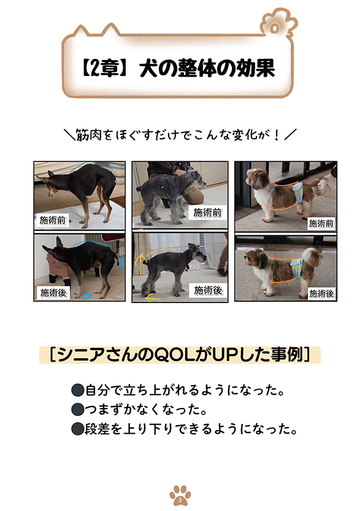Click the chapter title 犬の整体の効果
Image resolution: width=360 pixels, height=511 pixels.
point(207,69)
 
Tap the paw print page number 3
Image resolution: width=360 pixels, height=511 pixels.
point(180,496)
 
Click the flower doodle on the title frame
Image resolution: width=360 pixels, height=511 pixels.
point(278,25)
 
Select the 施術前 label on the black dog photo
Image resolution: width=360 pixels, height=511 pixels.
point(53,221)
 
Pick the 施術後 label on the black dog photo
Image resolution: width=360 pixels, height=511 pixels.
point(53,293)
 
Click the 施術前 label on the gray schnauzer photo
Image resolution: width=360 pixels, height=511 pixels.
point(207,213)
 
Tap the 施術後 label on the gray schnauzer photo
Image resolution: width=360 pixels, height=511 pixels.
point(208,290)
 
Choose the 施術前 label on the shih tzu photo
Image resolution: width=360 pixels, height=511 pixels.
point(321,223)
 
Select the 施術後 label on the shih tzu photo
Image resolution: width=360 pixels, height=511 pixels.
point(321,294)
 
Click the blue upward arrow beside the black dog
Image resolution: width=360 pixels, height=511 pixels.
point(122,262)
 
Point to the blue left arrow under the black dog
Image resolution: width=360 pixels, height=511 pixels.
point(86,296)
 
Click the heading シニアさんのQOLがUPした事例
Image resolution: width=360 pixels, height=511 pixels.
point(180,355)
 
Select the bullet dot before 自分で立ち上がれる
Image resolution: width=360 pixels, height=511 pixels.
point(77,390)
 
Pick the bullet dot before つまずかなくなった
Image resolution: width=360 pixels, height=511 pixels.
point(77,409)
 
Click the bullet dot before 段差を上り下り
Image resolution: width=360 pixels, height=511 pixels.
point(77,429)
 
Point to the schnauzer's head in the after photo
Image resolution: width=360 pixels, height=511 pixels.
point(196,253)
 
